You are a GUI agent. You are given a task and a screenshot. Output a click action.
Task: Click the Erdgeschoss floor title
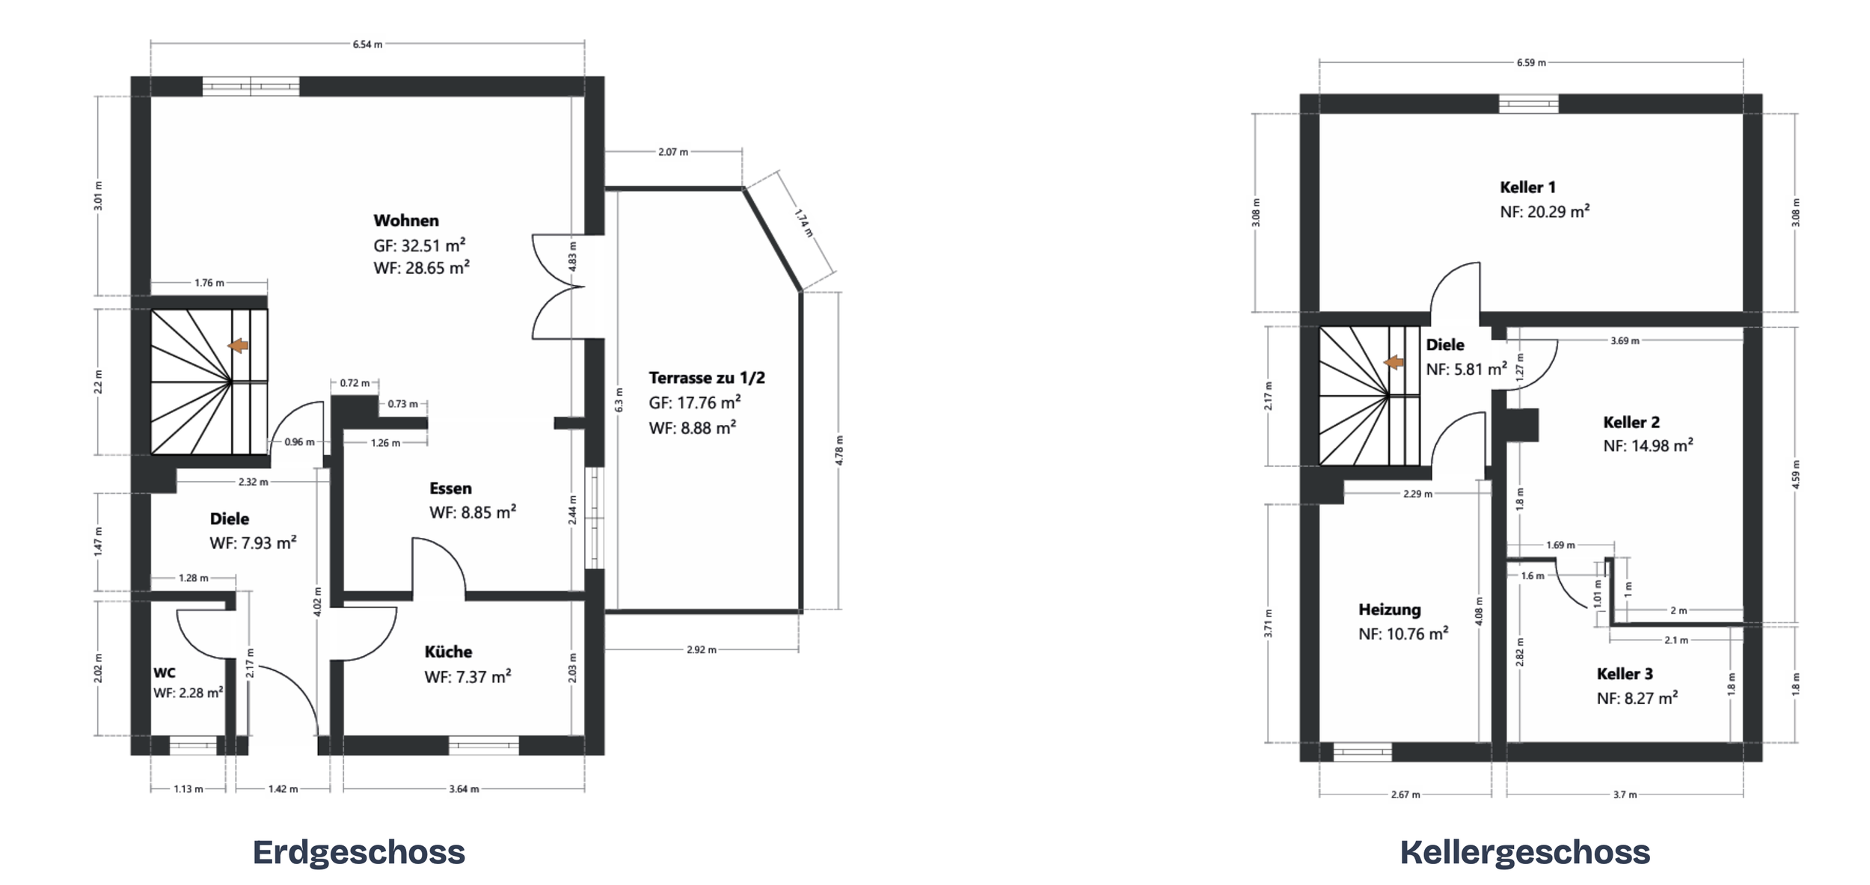tap(359, 853)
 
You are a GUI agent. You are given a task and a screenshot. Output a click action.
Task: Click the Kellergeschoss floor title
tap(1525, 853)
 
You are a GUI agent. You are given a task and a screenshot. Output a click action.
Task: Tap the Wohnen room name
tap(406, 221)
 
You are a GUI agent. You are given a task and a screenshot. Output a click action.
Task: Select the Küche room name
tap(448, 652)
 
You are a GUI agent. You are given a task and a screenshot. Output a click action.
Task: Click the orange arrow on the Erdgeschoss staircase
tap(239, 346)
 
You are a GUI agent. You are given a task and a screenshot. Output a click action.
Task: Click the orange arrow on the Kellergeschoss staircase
tap(1394, 363)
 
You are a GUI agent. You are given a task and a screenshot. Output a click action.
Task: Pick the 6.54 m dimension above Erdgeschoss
tap(367, 44)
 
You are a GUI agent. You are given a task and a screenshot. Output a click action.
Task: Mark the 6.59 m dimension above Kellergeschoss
tap(1531, 63)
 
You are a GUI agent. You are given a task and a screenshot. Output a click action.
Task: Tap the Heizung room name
tap(1390, 610)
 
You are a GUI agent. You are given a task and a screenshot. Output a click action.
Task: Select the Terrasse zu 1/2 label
tap(707, 378)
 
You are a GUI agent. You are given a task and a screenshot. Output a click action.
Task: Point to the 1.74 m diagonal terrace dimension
tap(803, 223)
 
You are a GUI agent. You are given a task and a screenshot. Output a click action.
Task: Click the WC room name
tap(165, 673)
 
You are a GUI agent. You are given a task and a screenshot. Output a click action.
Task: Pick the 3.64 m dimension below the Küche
tap(464, 788)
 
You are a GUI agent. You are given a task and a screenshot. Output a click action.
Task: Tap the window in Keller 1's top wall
tap(1528, 103)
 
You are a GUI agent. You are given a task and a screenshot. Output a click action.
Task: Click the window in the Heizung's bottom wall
tap(1362, 752)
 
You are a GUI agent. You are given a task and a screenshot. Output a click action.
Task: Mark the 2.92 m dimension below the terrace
tap(702, 649)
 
